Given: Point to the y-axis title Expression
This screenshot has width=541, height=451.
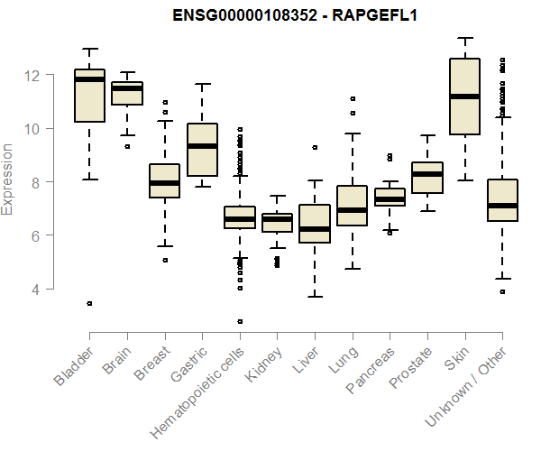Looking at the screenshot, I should pyautogui.click(x=8, y=179).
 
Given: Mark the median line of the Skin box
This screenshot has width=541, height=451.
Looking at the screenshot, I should pyautogui.click(x=464, y=97).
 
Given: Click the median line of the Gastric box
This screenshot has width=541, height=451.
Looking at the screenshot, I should pyautogui.click(x=202, y=146).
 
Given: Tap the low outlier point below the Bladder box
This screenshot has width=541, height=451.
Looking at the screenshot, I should pyautogui.click(x=89, y=304).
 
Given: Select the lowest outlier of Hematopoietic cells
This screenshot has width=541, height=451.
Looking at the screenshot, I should pyautogui.click(x=240, y=321).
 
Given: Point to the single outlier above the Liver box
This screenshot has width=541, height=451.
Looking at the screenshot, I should pyautogui.click(x=315, y=147).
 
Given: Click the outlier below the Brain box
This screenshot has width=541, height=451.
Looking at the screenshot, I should pyautogui.click(x=127, y=146).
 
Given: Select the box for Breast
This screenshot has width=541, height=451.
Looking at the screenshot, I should pyautogui.click(x=164, y=180).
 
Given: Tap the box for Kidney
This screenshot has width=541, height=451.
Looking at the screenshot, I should pyautogui.click(x=277, y=223).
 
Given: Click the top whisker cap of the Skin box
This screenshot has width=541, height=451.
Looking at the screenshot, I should pyautogui.click(x=464, y=38).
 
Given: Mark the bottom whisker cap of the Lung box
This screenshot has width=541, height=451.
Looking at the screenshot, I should pyautogui.click(x=352, y=269).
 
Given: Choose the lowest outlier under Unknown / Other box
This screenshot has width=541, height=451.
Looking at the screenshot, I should pyautogui.click(x=502, y=291).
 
